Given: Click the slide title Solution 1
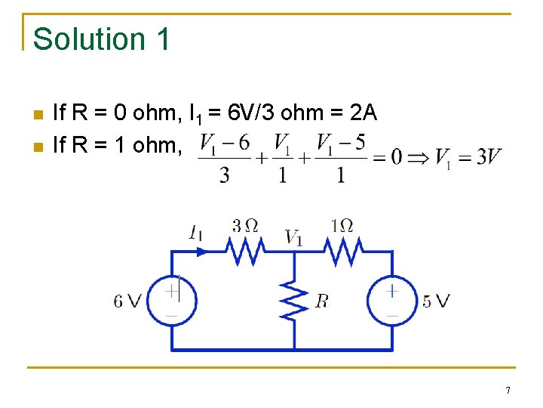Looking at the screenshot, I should [x=102, y=39].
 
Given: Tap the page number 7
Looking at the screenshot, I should [x=508, y=391].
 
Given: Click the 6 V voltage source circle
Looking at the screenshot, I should [x=172, y=300].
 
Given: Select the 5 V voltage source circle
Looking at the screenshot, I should [x=392, y=300].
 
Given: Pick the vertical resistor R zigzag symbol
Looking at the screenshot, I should [x=293, y=299].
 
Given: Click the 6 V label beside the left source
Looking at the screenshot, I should [x=127, y=301].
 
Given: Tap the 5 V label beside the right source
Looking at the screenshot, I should [x=436, y=301].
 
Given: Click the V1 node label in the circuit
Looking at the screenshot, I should [x=294, y=237].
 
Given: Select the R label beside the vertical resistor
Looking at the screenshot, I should [x=322, y=301].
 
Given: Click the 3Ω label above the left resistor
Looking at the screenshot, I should [x=245, y=225].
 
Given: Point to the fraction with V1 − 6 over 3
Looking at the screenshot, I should [x=223, y=159].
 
